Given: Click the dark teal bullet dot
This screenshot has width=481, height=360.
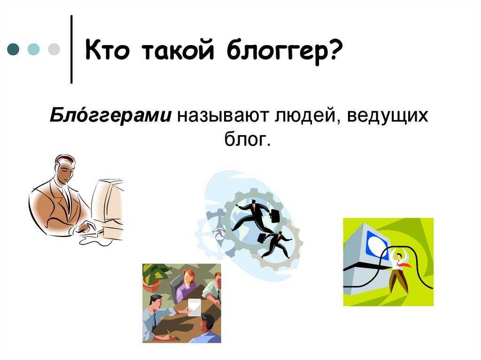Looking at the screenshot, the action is (x=13, y=49).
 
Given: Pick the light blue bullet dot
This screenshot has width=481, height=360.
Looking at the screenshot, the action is (x=33, y=49).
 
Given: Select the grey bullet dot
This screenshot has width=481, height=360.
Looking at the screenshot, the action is (x=54, y=49).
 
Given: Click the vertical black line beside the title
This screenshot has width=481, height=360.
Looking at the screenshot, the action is (x=71, y=49).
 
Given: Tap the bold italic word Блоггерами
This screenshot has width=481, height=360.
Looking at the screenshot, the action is (x=111, y=115).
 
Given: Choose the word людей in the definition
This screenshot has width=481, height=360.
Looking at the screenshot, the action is (x=307, y=116).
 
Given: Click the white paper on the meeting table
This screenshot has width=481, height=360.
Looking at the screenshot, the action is (x=194, y=307).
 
